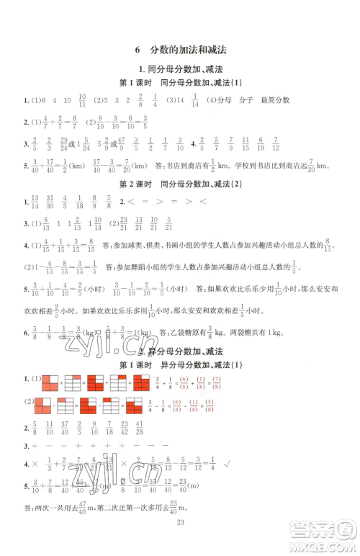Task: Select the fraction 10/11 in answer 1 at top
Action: coord(81,100)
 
